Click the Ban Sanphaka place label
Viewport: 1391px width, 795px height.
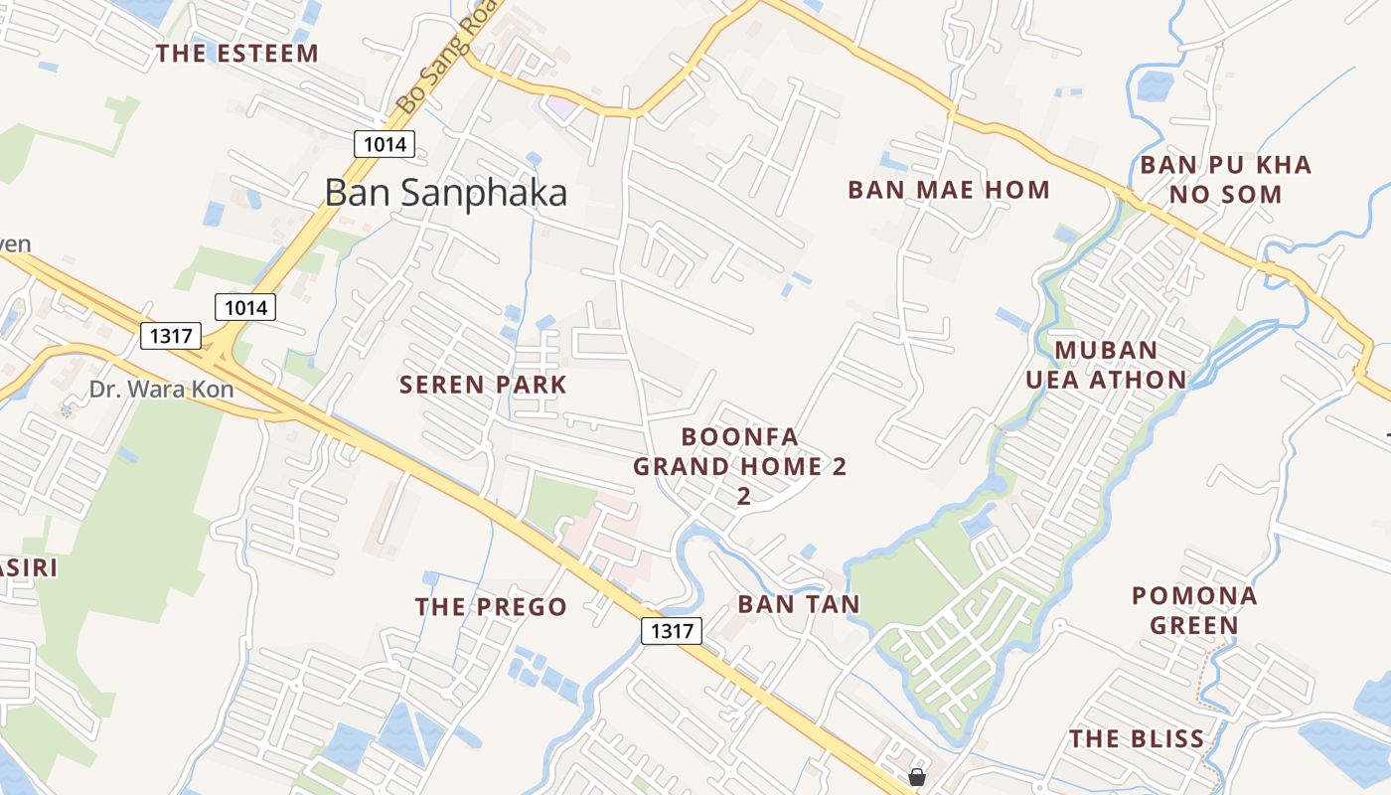point(446,193)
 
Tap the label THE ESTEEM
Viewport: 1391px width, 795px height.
point(237,54)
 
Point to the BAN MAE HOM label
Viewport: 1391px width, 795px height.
point(948,190)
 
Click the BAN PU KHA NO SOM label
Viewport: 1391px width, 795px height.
point(1225,179)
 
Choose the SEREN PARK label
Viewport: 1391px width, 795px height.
point(483,385)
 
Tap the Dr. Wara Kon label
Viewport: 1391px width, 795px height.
point(161,389)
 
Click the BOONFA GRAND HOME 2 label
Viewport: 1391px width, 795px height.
point(740,465)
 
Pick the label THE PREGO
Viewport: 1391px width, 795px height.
point(491,606)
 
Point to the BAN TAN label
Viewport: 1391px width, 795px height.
point(799,603)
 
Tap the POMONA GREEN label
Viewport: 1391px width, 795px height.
point(1194,610)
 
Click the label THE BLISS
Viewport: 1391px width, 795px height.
point(1137,738)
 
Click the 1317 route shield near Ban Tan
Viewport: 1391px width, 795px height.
point(672,630)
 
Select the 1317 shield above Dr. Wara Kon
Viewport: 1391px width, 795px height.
point(171,335)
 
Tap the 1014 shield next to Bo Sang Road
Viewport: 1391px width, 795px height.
point(385,144)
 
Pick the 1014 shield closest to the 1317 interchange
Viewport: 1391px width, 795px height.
point(245,307)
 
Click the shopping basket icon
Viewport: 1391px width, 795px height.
point(917,776)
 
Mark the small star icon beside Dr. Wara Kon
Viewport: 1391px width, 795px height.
point(66,409)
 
